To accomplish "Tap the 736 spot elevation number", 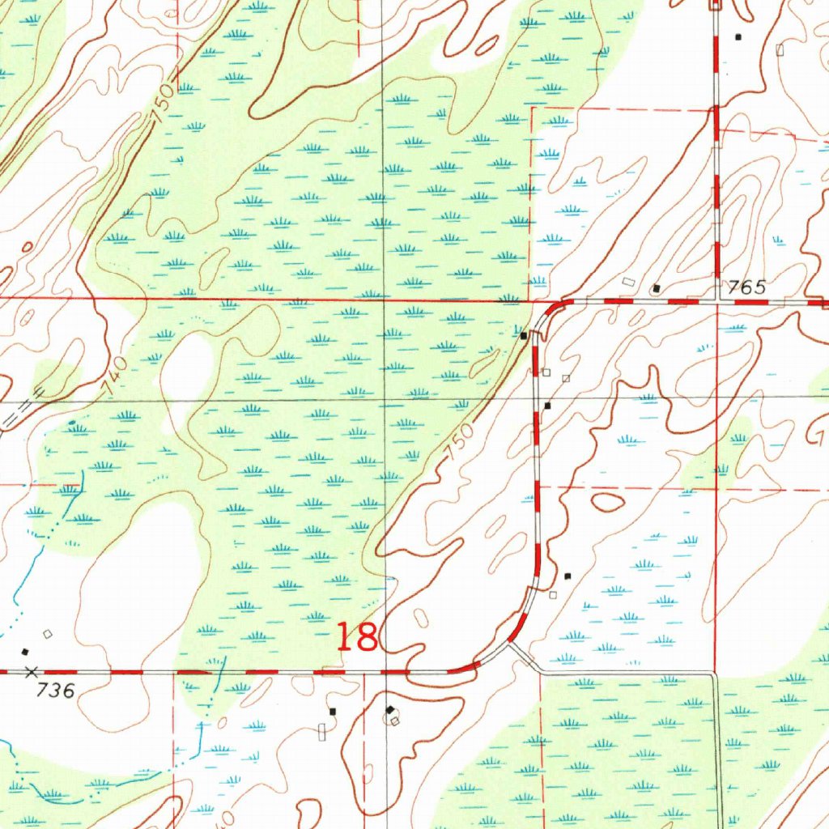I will coord(56,691).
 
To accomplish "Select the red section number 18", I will coord(357,637).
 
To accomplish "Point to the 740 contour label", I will coord(115,377).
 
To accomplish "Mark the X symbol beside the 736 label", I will coord(32,672).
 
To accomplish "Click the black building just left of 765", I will coord(657,287).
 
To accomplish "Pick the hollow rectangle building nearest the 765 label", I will coord(630,282).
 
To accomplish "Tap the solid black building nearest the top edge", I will coord(738,37).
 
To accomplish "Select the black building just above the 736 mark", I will coord(25,652).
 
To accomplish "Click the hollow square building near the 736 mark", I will coord(48,634).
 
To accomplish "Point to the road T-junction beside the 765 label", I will coord(716,300).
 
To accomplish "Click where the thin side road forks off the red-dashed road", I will coord(512,644).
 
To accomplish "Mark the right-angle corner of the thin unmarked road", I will coord(714,674).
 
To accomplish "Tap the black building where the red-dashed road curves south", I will coord(524,335).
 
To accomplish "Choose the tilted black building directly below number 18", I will coord(391,710).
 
